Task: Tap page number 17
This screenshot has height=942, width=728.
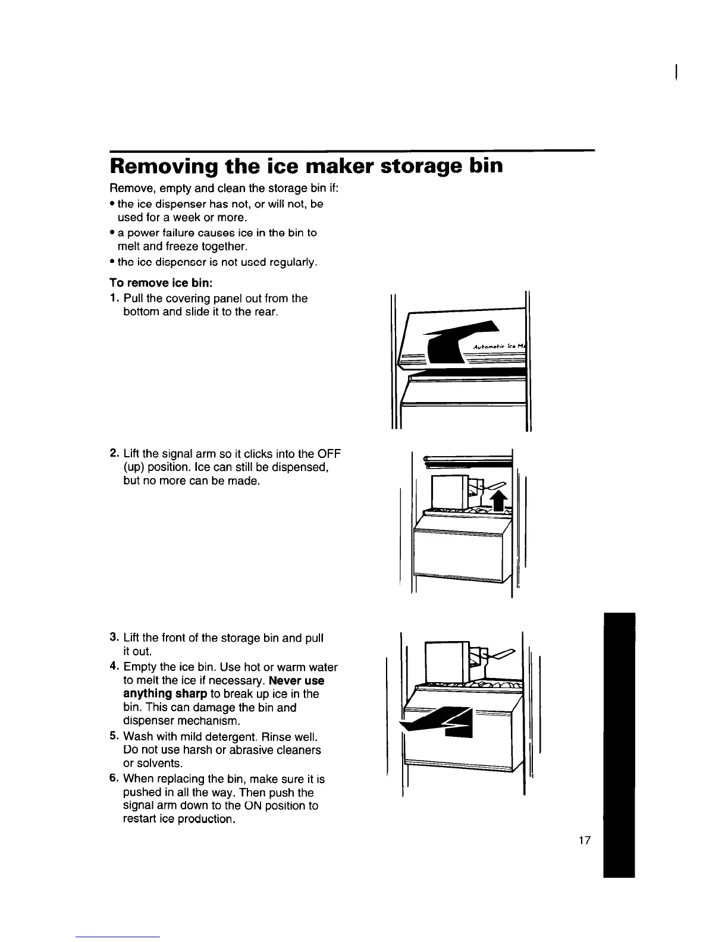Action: [x=585, y=840]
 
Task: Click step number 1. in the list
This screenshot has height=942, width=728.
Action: [x=114, y=298]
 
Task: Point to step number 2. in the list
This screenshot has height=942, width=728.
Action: [x=114, y=454]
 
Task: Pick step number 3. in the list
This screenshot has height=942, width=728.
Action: [x=114, y=638]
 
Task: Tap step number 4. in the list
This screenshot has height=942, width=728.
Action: [x=114, y=667]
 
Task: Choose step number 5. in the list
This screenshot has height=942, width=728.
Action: [x=114, y=736]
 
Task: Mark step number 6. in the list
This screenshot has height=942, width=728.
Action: [x=114, y=779]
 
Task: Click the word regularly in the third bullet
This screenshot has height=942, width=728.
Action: [x=291, y=262]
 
